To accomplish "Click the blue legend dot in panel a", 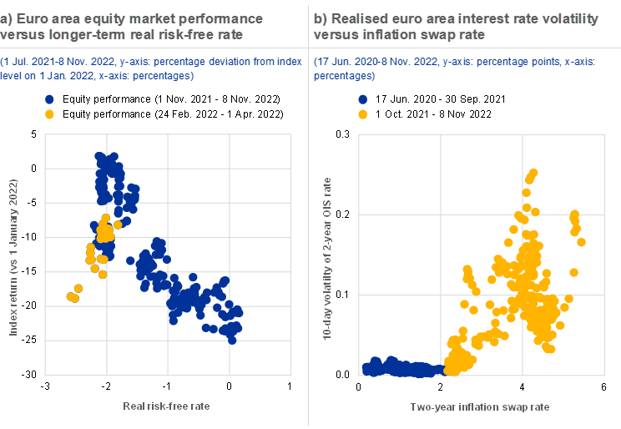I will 49,99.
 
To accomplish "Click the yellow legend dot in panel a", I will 49,114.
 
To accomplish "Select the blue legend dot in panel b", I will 362,99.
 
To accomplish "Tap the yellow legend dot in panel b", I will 362,114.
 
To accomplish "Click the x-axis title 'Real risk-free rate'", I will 166,406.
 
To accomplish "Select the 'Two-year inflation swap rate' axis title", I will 480,406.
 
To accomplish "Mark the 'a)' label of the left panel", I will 8,18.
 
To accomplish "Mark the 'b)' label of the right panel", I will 321,18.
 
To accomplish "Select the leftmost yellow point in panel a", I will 70,296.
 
